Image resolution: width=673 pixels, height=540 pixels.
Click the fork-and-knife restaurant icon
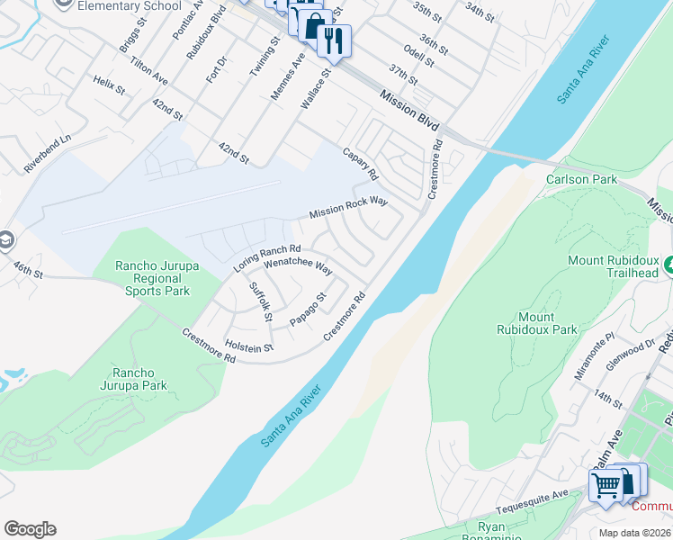click(335, 40)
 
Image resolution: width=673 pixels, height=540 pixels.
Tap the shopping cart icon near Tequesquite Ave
click(606, 486)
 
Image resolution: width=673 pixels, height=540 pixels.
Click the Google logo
click(30, 529)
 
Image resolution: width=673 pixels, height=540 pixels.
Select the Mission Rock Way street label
click(348, 208)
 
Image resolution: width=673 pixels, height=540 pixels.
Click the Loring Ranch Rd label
click(266, 258)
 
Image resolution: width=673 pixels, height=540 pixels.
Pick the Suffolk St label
click(260, 301)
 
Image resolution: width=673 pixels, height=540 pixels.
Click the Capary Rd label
click(361, 163)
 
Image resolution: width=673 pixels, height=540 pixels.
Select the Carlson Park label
click(581, 179)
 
